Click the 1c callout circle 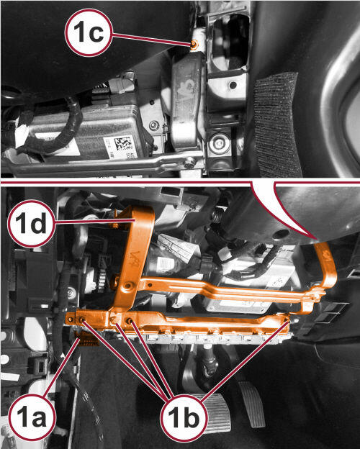point(89,32)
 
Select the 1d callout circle point(31,223)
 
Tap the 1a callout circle point(32,417)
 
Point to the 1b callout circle point(184,419)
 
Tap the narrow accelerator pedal point(253,404)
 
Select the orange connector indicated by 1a point(86,337)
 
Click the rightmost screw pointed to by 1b point(287,319)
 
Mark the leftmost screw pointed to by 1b point(83,319)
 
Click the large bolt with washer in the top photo point(219,143)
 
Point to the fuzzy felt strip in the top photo point(276,125)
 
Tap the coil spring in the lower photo point(218,214)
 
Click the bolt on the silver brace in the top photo point(189,163)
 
